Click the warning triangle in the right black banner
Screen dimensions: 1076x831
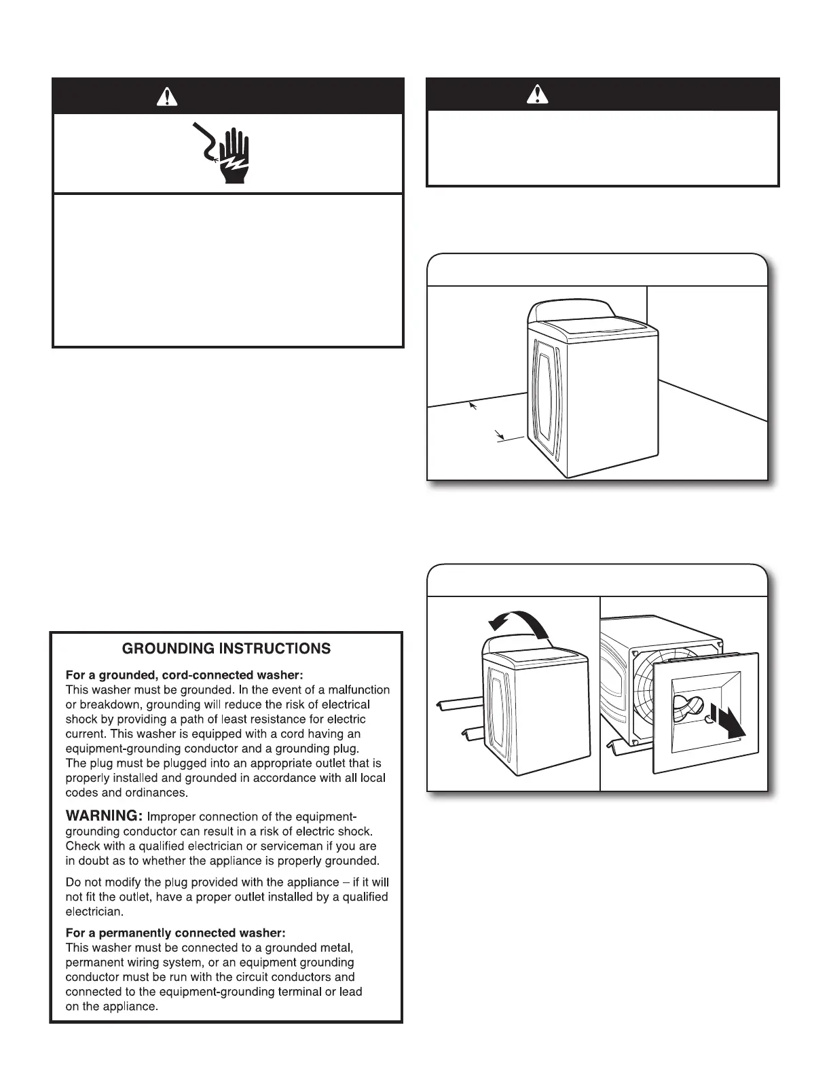(538, 94)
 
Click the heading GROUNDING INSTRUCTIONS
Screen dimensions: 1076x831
(226, 649)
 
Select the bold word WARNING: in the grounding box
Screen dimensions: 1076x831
(103, 816)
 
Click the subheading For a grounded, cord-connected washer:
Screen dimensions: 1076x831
(184, 675)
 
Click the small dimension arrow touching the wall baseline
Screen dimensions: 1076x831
(474, 406)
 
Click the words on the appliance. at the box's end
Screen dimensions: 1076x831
(111, 1007)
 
